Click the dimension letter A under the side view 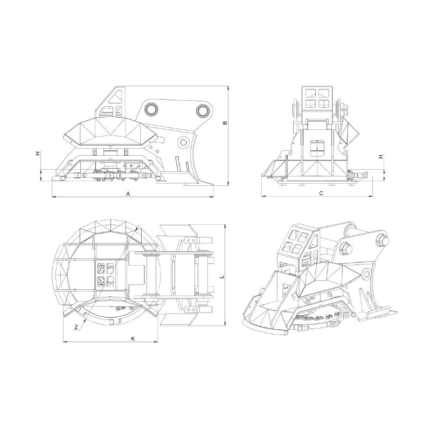click(128, 193)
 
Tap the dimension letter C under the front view click(321, 192)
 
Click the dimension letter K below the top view click(133, 338)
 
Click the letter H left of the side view click(38, 154)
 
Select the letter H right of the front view click(381, 157)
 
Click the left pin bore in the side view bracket click(151, 110)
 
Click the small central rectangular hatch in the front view click(318, 146)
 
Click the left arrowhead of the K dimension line click(64, 342)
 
